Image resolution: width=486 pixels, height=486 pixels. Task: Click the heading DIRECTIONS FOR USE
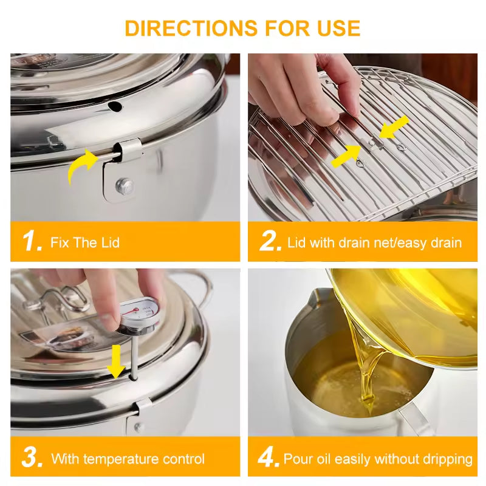[242, 28]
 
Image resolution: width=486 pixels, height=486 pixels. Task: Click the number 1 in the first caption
[32, 242]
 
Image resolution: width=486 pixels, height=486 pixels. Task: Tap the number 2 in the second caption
[270, 242]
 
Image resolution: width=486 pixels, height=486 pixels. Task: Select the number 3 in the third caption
[31, 458]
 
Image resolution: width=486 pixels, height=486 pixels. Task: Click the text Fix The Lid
[85, 243]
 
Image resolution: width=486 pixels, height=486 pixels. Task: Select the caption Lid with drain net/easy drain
[374, 243]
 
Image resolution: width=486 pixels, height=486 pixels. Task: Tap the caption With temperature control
[128, 459]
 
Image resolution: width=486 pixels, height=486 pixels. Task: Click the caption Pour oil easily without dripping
[378, 459]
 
